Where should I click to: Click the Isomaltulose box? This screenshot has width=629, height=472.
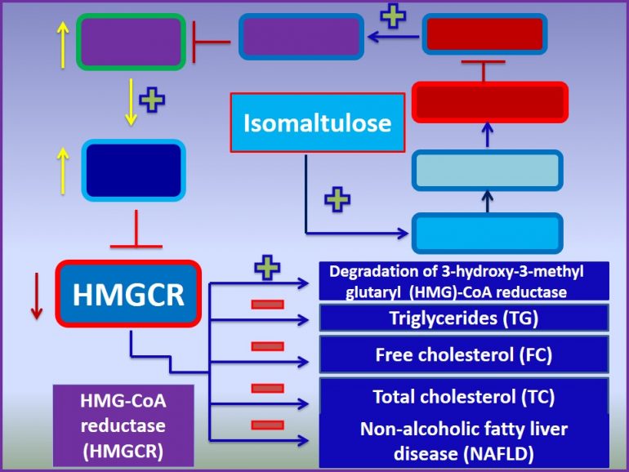coord(318,122)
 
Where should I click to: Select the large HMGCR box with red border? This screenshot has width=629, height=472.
coord(128,293)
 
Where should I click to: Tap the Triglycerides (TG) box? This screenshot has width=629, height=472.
coord(464,318)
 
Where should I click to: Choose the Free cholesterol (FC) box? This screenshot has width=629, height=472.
coord(464,354)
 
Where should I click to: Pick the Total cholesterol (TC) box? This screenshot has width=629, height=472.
coord(464,397)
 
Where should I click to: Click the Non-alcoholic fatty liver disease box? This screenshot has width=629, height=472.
coord(464,439)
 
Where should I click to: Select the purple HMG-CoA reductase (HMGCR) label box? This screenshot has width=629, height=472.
coord(123,425)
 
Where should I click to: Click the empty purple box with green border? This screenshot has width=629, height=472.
coord(131,42)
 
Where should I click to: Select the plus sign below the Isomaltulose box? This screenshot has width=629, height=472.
coord(337,198)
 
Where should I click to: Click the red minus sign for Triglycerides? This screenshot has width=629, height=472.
coord(267,305)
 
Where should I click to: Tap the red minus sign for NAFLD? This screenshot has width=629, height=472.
coord(267,425)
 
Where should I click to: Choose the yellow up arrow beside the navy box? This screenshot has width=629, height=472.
coord(61,167)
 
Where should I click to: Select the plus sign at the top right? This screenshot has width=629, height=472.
coord(394,16)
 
